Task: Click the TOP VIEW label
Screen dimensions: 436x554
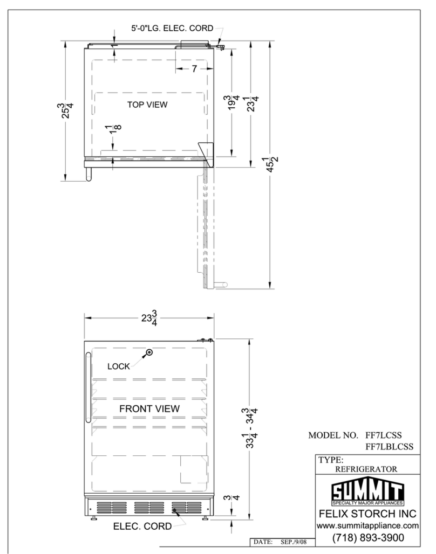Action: coord(147,105)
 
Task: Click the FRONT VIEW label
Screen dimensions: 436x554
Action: coord(149,409)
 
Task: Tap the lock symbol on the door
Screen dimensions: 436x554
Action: coord(149,352)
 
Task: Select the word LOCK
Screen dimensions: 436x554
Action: coord(119,366)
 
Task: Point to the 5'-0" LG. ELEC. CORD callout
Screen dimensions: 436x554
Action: coord(172,28)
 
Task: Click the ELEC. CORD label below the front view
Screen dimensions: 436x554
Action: coord(142,526)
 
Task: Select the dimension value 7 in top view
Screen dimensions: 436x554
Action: coord(194,68)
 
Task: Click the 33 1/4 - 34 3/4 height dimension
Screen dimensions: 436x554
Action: coord(251,428)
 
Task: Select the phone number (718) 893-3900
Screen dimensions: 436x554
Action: coord(368,538)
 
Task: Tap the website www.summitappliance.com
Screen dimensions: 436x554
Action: coord(367,526)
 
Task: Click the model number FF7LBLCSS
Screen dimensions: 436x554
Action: coord(389,447)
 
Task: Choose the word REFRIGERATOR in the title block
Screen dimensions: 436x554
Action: coord(366,469)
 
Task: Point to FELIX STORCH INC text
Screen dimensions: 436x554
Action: coord(367,514)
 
